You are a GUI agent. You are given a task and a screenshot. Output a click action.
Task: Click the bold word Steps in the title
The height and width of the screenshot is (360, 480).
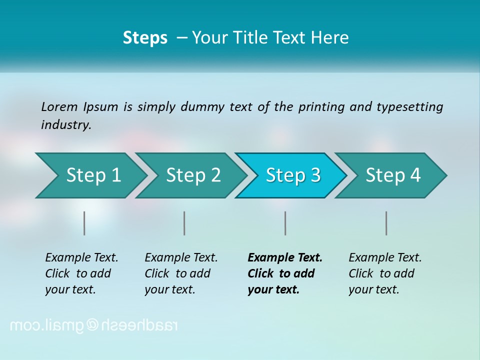(x=145, y=38)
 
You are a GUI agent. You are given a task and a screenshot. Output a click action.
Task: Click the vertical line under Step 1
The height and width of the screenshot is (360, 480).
(x=84, y=223)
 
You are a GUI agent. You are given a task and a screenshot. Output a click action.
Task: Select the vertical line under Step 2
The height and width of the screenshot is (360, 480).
(x=184, y=223)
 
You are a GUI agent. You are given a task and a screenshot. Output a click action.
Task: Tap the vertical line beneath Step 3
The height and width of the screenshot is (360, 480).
(x=285, y=223)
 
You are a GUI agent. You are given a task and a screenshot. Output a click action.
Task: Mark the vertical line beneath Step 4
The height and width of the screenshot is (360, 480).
(x=386, y=223)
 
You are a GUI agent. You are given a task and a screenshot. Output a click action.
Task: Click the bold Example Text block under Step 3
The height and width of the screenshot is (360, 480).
(x=284, y=273)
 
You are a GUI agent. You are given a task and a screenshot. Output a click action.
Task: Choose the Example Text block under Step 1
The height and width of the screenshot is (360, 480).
(x=81, y=273)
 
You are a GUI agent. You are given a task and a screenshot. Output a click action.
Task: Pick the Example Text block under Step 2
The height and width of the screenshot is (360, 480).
(x=181, y=273)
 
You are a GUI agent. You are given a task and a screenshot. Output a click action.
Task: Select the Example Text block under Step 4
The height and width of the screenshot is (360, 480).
(x=385, y=273)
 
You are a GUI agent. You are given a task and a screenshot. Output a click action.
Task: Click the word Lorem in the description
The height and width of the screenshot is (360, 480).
(x=59, y=107)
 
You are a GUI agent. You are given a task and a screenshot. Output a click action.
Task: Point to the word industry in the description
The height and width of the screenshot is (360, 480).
(x=65, y=125)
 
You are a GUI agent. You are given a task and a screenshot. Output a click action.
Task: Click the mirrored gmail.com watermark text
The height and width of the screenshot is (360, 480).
(x=93, y=325)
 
